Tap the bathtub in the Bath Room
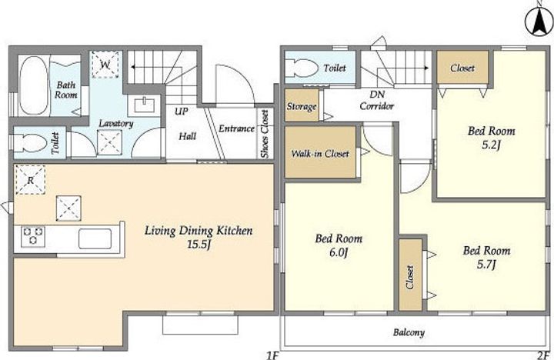[x=33, y=85]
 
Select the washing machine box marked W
[x=105, y=65]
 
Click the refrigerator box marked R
[x=30, y=180]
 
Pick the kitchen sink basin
[x=95, y=238]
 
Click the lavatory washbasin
[x=144, y=105]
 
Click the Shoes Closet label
[x=265, y=134]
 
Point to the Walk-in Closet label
[x=320, y=154]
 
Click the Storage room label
[x=302, y=106]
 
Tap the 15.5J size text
[x=199, y=244]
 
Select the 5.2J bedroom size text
[x=492, y=145]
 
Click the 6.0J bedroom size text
[x=339, y=252]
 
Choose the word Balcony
[x=409, y=332]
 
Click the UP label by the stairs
[x=182, y=112]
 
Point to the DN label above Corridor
[x=377, y=95]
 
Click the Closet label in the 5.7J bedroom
[x=410, y=278]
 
